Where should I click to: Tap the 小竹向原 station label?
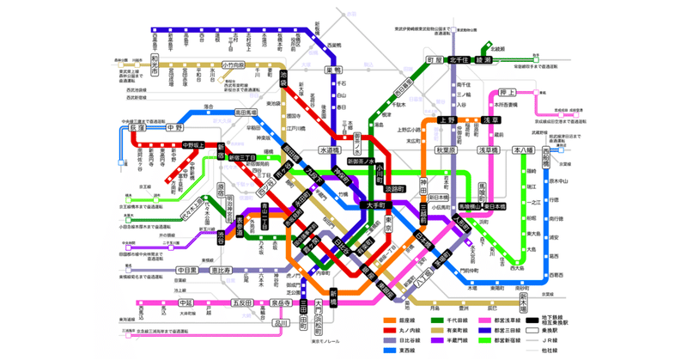[234, 65]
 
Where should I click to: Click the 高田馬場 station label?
[241, 113]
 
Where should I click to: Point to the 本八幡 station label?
[522, 150]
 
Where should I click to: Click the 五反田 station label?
[243, 303]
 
